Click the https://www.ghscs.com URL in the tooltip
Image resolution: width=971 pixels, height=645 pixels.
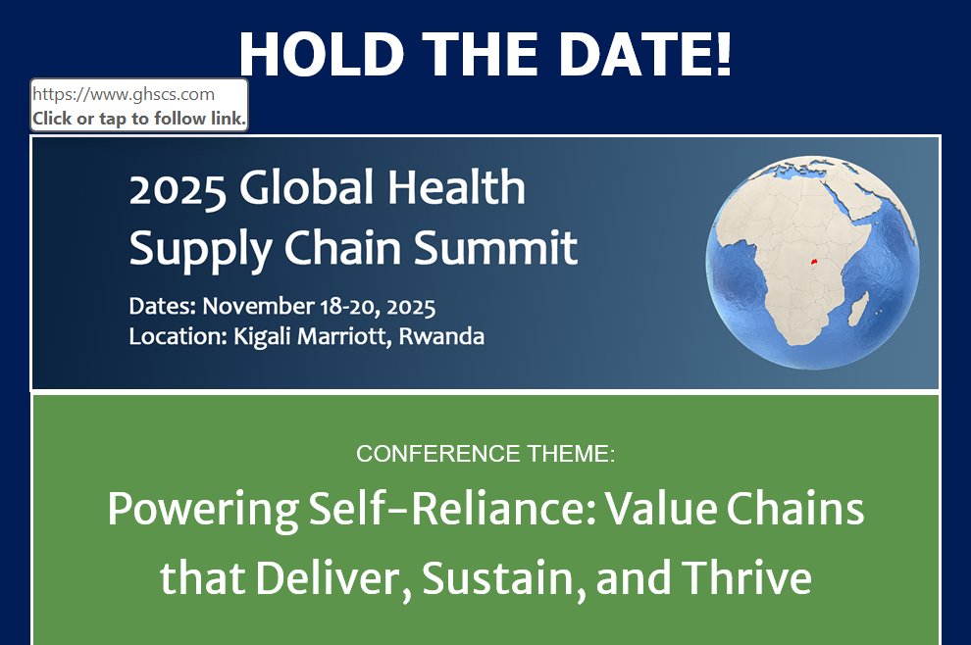point(124,94)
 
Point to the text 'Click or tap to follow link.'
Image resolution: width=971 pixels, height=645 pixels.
point(138,119)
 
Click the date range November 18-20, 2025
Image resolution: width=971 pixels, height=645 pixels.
point(319,306)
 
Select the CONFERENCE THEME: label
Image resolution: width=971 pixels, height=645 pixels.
point(485,454)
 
